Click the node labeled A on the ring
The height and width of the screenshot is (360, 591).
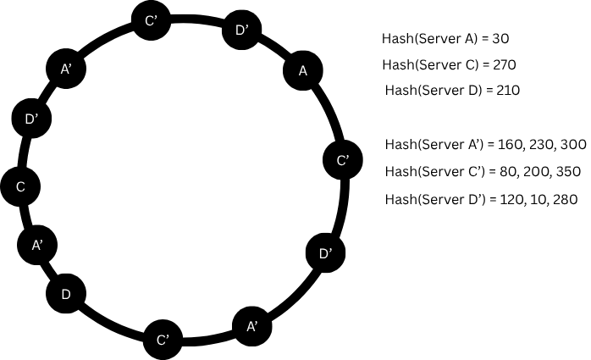click(303, 71)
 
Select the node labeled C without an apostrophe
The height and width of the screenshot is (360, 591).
click(19, 186)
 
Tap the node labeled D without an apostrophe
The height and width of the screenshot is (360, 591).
click(65, 294)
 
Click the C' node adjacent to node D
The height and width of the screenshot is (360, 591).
click(163, 340)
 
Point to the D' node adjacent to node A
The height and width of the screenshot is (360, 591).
click(241, 31)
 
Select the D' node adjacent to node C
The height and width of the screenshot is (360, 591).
click(31, 119)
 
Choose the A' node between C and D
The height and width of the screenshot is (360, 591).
click(36, 245)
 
